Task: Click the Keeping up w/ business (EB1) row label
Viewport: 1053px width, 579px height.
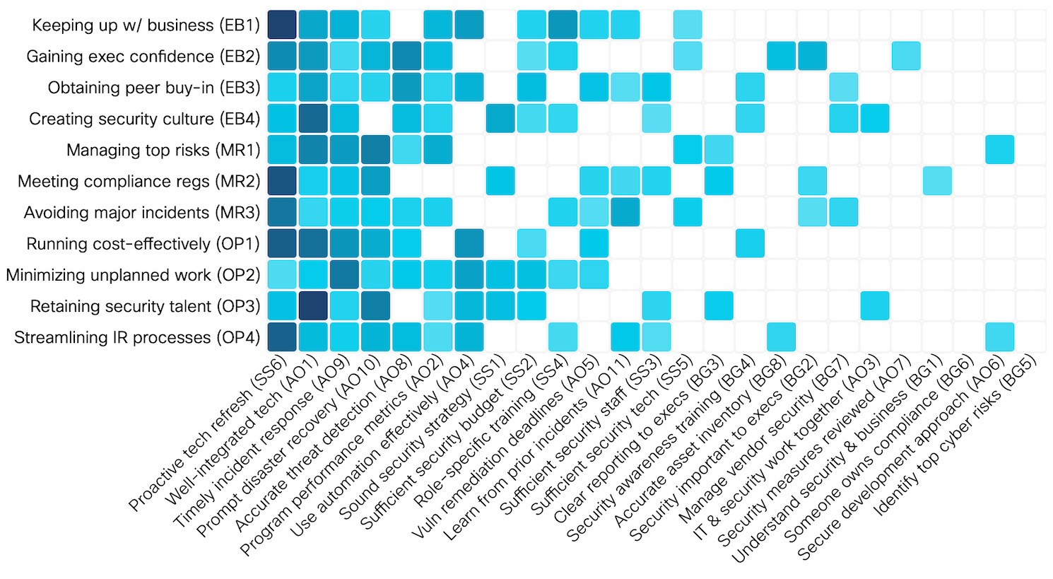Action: click(146, 25)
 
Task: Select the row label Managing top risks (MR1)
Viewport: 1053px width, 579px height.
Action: click(163, 151)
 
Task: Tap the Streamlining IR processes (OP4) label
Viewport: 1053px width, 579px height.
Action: click(137, 338)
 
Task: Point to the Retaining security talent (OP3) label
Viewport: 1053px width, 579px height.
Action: click(145, 307)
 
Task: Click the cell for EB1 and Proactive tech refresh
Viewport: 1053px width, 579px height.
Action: click(282, 25)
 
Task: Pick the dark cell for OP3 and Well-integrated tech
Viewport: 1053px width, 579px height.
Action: click(313, 305)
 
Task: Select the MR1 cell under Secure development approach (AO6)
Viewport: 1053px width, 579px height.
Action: click(999, 150)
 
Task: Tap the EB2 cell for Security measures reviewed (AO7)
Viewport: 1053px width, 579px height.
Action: click(906, 56)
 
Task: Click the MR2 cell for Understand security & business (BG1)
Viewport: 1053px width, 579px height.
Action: click(937, 181)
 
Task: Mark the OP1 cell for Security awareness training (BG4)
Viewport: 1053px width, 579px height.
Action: click(750, 243)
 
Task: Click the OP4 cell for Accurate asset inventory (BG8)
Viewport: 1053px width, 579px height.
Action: click(781, 337)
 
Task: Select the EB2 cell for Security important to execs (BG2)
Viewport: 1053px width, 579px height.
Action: click(812, 56)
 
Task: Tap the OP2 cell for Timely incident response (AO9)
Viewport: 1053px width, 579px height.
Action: click(344, 274)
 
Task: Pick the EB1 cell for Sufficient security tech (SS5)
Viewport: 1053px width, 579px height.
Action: click(688, 25)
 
